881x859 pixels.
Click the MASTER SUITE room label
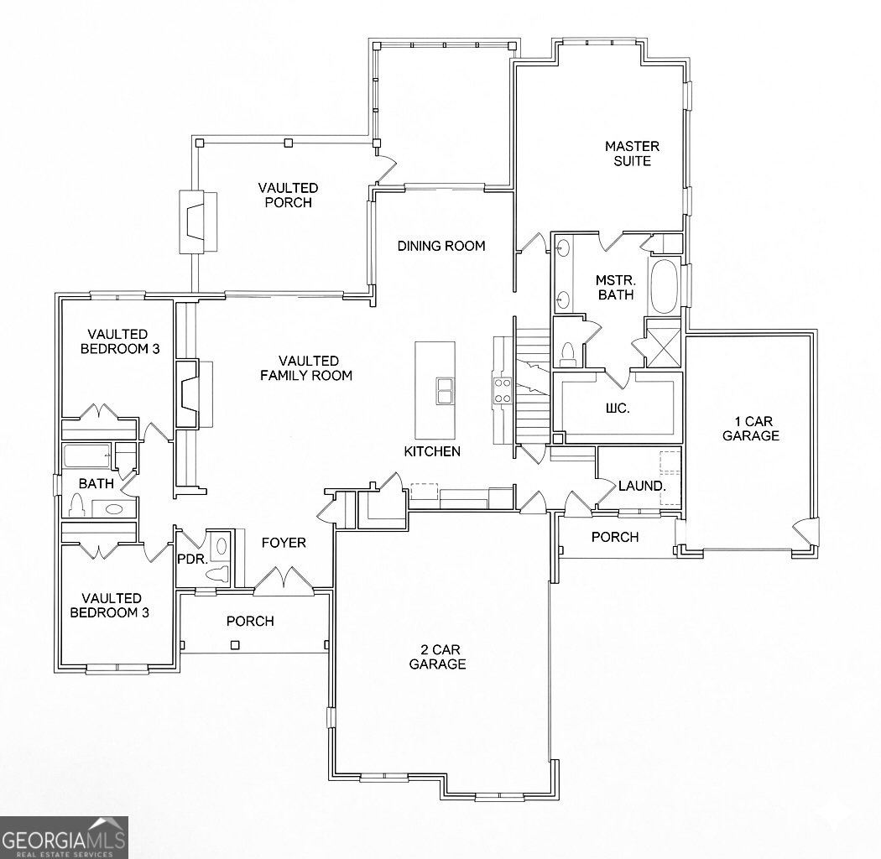point(632,154)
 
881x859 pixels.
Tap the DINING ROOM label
point(441,246)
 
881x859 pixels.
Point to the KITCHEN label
point(432,451)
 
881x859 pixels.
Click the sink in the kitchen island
point(444,391)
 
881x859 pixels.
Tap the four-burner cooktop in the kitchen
point(503,390)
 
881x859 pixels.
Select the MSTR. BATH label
point(615,287)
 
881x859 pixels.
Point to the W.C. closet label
point(617,409)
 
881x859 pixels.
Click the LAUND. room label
point(642,486)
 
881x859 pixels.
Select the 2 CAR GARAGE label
point(437,657)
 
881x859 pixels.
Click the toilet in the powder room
point(217,575)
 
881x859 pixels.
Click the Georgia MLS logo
point(64,837)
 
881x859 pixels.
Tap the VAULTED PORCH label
point(288,195)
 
